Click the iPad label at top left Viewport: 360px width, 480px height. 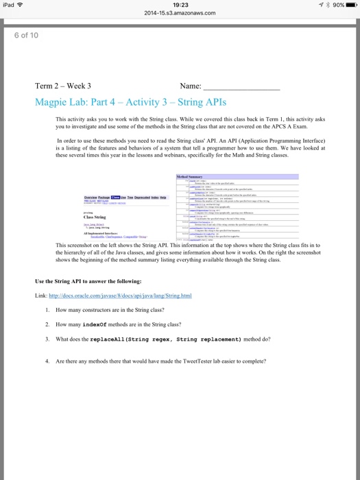pos(10,5)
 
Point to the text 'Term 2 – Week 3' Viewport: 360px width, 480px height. pos(63,86)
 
